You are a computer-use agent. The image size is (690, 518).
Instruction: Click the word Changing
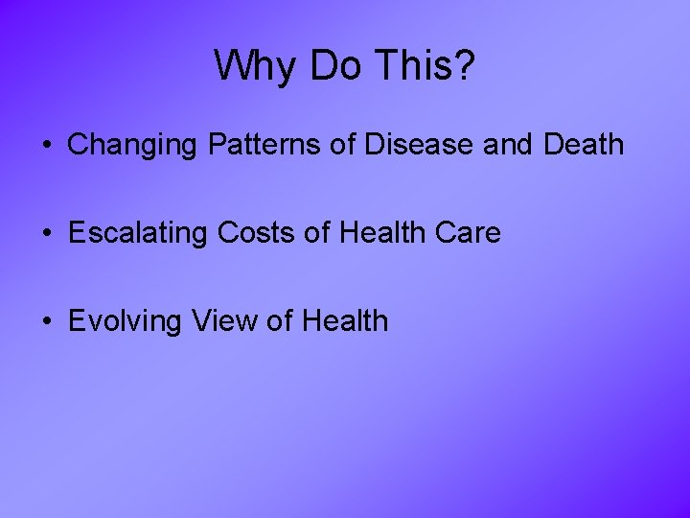(128, 146)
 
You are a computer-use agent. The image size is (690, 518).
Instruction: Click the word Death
(583, 145)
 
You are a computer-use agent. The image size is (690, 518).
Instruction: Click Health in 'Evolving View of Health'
(345, 320)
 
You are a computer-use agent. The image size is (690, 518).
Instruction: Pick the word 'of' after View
(279, 320)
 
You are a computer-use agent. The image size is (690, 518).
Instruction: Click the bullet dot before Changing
(46, 147)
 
